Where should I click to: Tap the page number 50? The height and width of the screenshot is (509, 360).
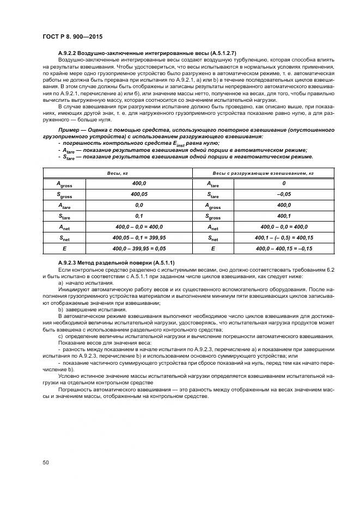click(x=46, y=462)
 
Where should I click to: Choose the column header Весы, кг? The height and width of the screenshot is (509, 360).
click(x=117, y=173)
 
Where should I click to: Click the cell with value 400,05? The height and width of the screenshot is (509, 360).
click(x=139, y=194)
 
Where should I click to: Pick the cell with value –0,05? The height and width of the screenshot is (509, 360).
click(x=283, y=194)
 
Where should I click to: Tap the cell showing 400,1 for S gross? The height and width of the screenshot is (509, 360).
click(x=283, y=216)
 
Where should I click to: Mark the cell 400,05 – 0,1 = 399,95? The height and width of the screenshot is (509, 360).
click(x=139, y=237)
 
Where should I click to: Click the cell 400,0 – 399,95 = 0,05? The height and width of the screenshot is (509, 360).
click(x=139, y=248)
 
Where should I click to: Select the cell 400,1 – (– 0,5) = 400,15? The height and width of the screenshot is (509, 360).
click(x=283, y=237)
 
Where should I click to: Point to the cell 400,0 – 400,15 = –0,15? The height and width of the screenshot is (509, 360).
click(x=283, y=248)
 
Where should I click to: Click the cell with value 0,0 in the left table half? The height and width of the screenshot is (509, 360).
click(x=139, y=205)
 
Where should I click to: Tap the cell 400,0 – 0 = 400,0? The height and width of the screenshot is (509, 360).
click(x=283, y=226)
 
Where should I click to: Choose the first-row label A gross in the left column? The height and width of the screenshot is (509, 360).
click(x=65, y=184)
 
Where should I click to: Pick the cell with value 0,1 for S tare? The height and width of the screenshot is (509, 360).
click(x=139, y=216)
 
